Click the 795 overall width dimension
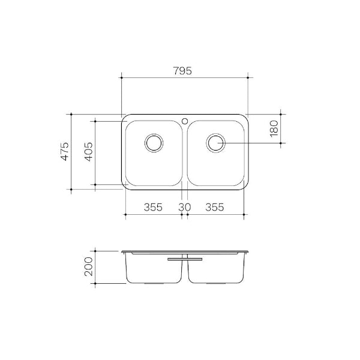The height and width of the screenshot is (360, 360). (x=184, y=71)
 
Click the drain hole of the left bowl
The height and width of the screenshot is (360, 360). (x=154, y=143)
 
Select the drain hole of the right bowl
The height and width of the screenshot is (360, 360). (x=215, y=143)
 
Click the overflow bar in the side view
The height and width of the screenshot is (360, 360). (x=185, y=259)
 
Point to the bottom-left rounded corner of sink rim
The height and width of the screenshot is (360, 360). (x=125, y=187)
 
